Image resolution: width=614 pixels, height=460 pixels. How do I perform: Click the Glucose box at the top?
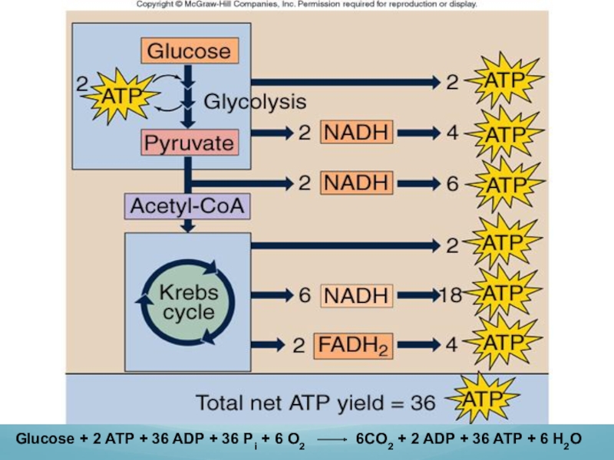point(188,51)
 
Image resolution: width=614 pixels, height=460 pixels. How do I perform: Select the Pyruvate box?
point(188,143)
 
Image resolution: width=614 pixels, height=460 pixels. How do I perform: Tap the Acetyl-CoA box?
point(188,205)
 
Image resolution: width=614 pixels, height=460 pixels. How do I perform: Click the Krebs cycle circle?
point(187,301)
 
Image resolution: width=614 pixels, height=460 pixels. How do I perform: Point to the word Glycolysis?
point(255,101)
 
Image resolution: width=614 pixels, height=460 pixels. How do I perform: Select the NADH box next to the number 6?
point(357,295)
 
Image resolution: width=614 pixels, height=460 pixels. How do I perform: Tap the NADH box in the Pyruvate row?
point(357,132)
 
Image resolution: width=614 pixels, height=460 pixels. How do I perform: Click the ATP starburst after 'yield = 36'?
point(483,399)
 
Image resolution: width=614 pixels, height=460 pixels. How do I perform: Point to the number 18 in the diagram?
point(450,295)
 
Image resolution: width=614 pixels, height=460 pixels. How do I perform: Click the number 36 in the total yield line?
point(422,402)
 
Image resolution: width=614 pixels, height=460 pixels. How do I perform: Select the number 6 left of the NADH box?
point(305,295)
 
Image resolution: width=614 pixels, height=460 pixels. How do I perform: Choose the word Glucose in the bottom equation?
point(45,440)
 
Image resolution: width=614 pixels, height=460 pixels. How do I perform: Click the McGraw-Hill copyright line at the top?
point(307,5)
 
